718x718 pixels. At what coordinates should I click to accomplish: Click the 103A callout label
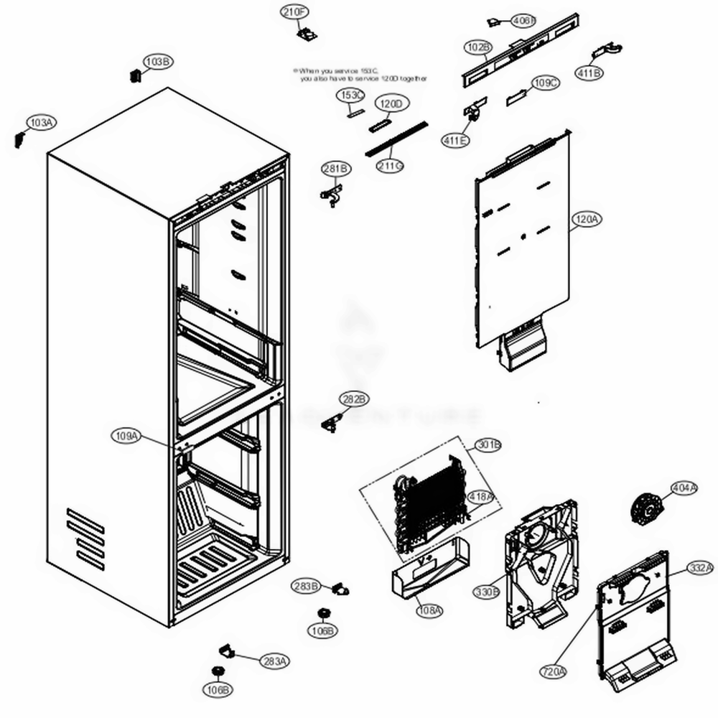click(40, 123)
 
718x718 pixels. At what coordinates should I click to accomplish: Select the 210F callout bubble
click(294, 11)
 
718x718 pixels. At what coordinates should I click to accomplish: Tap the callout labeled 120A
click(586, 220)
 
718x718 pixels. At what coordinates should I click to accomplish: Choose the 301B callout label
click(488, 445)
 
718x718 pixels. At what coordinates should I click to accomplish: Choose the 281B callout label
click(336, 169)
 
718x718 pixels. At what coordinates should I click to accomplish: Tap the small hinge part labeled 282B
click(332, 423)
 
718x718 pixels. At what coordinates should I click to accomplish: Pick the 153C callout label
click(351, 95)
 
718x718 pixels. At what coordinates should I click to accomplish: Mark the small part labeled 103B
click(134, 75)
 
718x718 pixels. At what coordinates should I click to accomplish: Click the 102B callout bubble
click(477, 47)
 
